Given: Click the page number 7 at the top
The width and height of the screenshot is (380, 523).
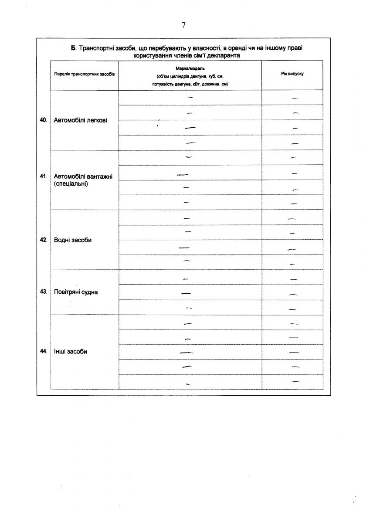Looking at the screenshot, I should click(x=183, y=25).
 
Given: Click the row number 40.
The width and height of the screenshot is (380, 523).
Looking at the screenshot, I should click(x=43, y=120).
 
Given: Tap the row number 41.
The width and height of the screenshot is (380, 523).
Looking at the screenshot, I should click(x=43, y=177).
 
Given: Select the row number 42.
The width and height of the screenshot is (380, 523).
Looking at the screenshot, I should click(x=43, y=240).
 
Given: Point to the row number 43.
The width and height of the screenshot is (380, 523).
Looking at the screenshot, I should click(x=43, y=292).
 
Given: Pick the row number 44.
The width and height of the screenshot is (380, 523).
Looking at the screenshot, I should click(x=43, y=351).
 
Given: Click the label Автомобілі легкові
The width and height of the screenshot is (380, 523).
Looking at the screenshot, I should click(x=80, y=120).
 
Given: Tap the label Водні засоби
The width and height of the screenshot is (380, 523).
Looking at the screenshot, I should click(x=73, y=240).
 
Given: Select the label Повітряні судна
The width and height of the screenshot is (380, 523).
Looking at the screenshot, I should click(x=76, y=292).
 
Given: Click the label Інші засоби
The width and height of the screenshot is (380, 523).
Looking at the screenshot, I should click(x=71, y=352).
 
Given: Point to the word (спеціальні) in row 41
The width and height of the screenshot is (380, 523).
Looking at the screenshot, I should click(x=71, y=184).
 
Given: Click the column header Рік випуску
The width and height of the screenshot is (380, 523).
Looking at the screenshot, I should click(x=292, y=74).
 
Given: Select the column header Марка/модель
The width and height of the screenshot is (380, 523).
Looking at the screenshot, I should click(x=190, y=69).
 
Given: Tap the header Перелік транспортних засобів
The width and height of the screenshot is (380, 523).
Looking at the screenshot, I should click(x=85, y=75).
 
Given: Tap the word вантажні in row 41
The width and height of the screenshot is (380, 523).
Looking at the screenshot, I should click(x=100, y=177).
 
